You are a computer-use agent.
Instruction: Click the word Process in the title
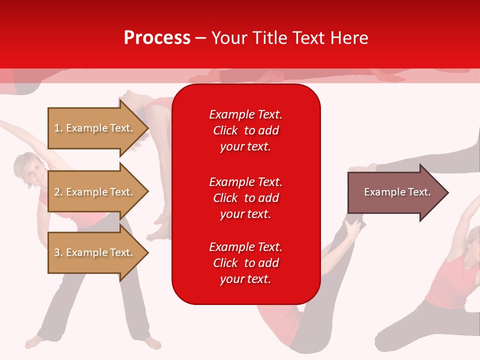pyautogui.click(x=157, y=37)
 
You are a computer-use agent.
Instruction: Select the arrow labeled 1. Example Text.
pyautogui.click(x=95, y=128)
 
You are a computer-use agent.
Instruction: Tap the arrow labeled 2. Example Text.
pyautogui.click(x=95, y=192)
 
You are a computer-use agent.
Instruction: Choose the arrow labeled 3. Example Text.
pyautogui.click(x=95, y=252)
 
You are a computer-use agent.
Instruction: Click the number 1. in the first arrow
pyautogui.click(x=58, y=128)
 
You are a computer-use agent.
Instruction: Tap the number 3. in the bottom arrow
pyautogui.click(x=58, y=252)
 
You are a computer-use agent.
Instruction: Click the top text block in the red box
pyautogui.click(x=245, y=130)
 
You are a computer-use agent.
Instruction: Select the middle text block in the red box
pyautogui.click(x=245, y=197)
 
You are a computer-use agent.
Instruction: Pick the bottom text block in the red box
pyautogui.click(x=245, y=263)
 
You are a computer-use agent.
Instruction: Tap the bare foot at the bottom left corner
pyautogui.click(x=33, y=342)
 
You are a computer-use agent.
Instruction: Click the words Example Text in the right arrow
pyautogui.click(x=397, y=192)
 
